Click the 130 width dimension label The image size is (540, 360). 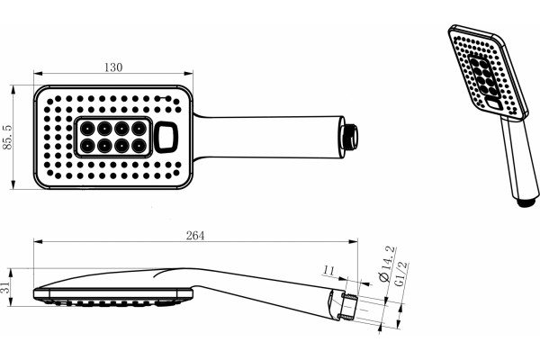click(x=113, y=67)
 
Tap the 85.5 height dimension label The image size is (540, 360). click(x=7, y=137)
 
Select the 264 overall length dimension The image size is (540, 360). click(x=195, y=236)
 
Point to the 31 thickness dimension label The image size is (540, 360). click(x=4, y=287)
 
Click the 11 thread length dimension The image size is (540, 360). click(x=328, y=270)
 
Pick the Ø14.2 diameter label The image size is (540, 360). click(x=386, y=265)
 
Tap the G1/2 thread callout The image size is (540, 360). click(x=400, y=274)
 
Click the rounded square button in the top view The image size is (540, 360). click(x=166, y=137)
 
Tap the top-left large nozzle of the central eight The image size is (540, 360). click(x=86, y=129)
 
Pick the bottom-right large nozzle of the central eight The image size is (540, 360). click(x=139, y=146)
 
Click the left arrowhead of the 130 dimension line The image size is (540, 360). click(x=38, y=74)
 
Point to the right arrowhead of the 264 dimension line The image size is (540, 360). click(x=354, y=241)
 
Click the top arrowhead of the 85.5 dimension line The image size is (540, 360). click(x=13, y=89)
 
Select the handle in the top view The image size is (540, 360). click(x=268, y=137)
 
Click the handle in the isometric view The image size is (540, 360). click(x=518, y=159)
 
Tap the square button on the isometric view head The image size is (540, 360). click(x=494, y=103)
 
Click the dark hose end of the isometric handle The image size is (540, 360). click(x=527, y=202)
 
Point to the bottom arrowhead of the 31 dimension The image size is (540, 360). click(x=11, y=302)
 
